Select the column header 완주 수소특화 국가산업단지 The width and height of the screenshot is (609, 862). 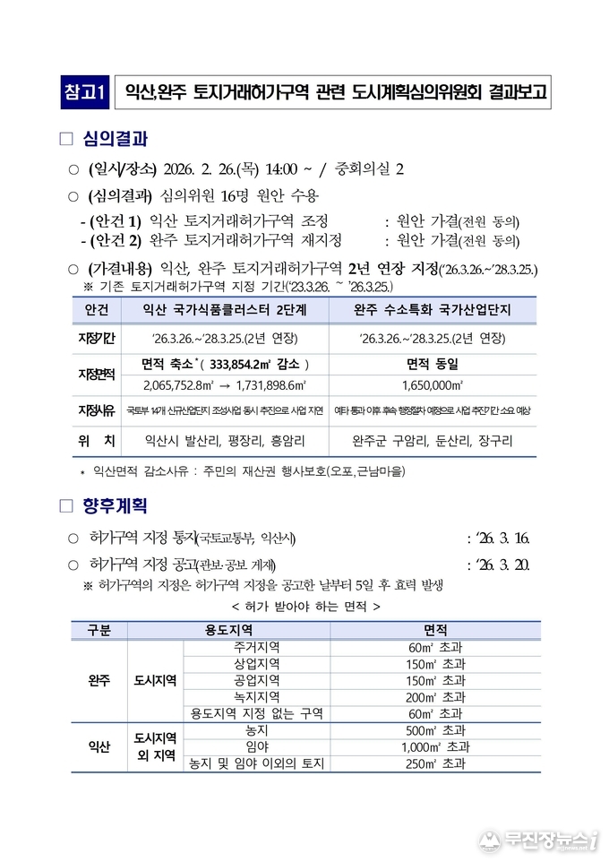coord(433,310)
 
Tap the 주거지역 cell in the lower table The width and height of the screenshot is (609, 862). coord(256,647)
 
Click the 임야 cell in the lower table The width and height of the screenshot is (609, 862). coord(256,747)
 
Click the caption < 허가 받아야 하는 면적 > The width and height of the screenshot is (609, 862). coord(305,607)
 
